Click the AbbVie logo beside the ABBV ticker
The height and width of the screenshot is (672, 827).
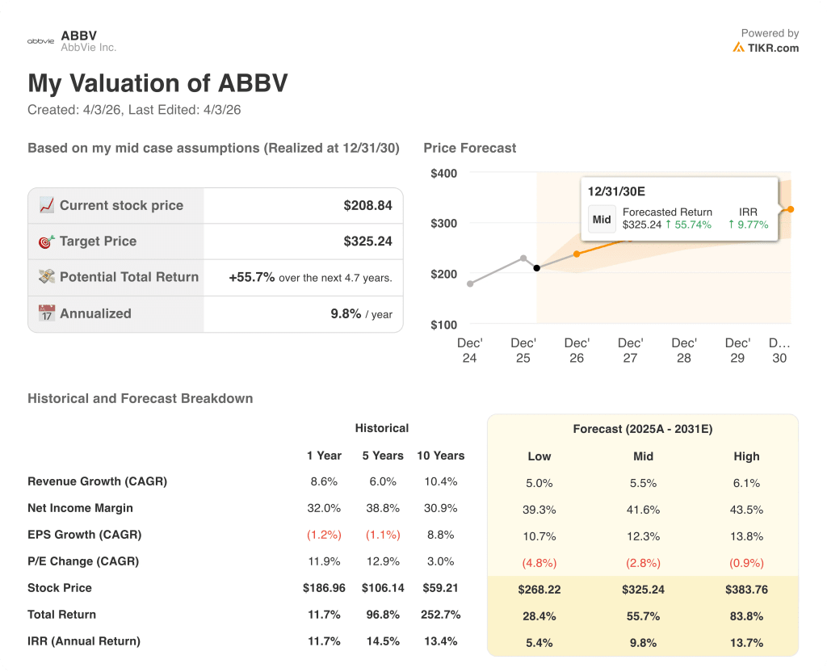[x=40, y=40]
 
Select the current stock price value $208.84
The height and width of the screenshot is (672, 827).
[x=367, y=206]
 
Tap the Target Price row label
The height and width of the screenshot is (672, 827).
[x=98, y=241]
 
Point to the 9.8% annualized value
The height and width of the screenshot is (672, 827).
[x=346, y=313]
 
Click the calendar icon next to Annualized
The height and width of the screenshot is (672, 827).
[x=47, y=313]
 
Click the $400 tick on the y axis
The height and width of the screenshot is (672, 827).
[x=443, y=173]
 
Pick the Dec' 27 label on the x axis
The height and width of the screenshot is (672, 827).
[x=630, y=351]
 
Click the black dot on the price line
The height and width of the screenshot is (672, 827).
[x=537, y=268]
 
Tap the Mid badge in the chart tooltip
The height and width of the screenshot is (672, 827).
[x=602, y=219]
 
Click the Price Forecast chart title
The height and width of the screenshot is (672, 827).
[x=469, y=148]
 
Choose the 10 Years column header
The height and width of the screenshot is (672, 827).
[x=440, y=456]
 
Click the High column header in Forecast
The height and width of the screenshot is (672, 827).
[x=746, y=456]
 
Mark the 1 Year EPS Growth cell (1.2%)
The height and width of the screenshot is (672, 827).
[x=324, y=535]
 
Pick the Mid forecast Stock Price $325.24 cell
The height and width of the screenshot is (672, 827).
[x=643, y=590]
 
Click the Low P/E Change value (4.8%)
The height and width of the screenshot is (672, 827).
[x=539, y=563]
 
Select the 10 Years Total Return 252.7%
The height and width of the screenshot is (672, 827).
[x=440, y=615]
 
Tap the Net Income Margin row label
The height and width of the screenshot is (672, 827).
[x=80, y=508]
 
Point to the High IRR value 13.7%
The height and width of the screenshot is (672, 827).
[x=746, y=642]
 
